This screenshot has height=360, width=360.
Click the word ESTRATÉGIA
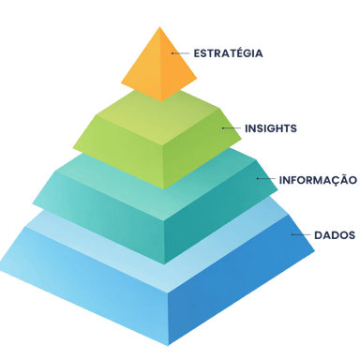pyautogui.click(x=229, y=53)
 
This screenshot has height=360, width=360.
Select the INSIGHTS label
pyautogui.click(x=271, y=128)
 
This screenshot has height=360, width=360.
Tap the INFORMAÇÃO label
pyautogui.click(x=319, y=179)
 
